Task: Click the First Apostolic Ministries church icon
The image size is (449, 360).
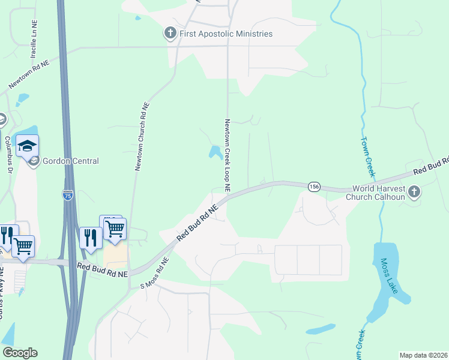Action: tap(171, 34)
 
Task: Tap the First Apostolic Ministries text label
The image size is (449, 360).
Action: tap(226, 34)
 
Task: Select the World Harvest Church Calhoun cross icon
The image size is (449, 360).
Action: tap(414, 192)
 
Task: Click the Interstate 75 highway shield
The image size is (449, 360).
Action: tap(68, 194)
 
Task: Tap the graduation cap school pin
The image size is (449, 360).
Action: tap(27, 146)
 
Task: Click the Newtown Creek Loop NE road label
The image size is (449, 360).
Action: tap(228, 155)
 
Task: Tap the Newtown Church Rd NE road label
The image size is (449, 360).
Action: tap(142, 136)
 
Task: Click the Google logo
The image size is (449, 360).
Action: tap(20, 353)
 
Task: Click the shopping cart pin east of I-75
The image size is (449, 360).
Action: tap(114, 228)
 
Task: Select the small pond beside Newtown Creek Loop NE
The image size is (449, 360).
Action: tap(215, 152)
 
